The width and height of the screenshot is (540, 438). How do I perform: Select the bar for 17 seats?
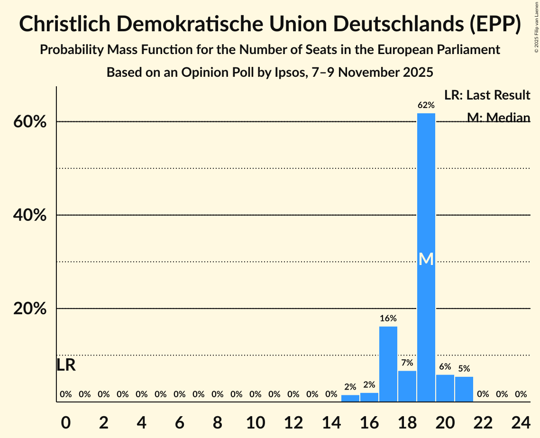388,364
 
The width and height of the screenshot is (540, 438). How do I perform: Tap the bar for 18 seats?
407,386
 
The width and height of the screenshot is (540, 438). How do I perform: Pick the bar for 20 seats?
445,388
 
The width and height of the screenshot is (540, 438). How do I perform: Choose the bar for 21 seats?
464,389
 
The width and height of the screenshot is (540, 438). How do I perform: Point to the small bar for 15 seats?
350,398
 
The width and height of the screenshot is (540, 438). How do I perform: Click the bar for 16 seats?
369,397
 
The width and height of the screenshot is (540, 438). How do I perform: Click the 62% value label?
426,105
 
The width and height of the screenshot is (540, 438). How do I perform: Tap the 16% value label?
388,319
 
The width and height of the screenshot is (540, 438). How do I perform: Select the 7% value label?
407,363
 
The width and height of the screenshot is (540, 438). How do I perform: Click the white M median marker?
426,259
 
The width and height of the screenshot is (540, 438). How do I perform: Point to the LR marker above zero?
66,365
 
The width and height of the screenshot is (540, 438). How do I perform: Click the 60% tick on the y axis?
29,122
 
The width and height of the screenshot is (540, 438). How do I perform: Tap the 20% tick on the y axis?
29,309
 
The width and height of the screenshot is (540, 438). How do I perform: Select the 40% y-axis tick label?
29,215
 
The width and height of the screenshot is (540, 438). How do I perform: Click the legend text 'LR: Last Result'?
487,95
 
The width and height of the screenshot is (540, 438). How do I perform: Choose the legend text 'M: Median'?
498,117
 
